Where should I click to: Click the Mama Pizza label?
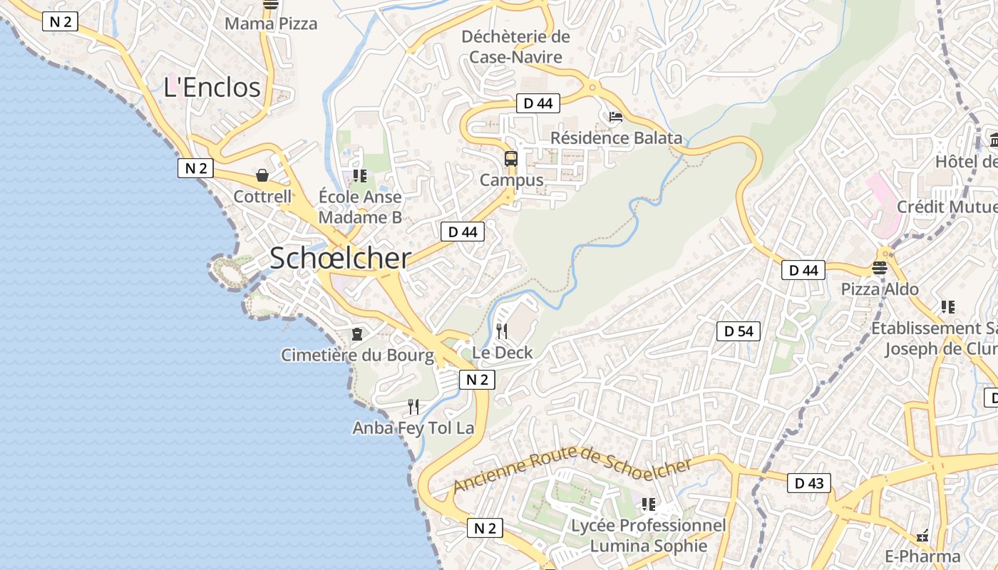click(x=271, y=24)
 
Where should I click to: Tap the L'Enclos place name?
click(x=212, y=88)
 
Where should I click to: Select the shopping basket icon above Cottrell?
click(x=262, y=175)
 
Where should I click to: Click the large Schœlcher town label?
click(x=340, y=259)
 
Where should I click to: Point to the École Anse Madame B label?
click(x=360, y=207)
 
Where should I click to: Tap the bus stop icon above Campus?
click(x=511, y=159)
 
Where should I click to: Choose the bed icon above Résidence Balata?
click(x=616, y=117)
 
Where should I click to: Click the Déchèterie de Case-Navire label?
click(x=516, y=46)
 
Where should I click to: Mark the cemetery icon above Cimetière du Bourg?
click(x=357, y=333)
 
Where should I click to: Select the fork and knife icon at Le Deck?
click(x=502, y=331)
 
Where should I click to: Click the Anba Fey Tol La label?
click(x=413, y=428)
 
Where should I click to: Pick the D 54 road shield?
click(x=739, y=331)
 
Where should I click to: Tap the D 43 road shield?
click(x=809, y=483)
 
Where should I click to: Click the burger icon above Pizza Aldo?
click(x=880, y=268)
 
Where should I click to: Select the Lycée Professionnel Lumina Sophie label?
click(x=648, y=536)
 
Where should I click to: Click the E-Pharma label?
click(x=922, y=556)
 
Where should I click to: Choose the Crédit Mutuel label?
click(x=947, y=207)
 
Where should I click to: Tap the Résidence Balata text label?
click(x=616, y=138)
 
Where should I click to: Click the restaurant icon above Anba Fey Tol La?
click(x=413, y=407)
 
